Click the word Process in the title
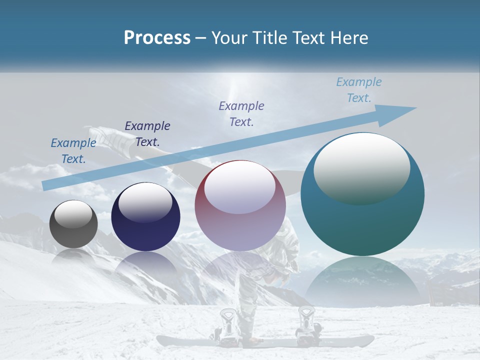click(x=157, y=37)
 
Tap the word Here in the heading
click(x=348, y=37)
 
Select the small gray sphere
click(x=73, y=224)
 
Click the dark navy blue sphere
click(x=145, y=217)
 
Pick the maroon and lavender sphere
click(x=240, y=206)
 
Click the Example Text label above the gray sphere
click(x=73, y=151)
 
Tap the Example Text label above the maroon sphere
click(x=241, y=114)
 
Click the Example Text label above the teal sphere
click(x=358, y=90)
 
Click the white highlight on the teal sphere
click(x=361, y=167)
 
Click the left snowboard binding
click(x=227, y=325)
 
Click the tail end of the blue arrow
click(x=46, y=185)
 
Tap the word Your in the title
click(x=228, y=37)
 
